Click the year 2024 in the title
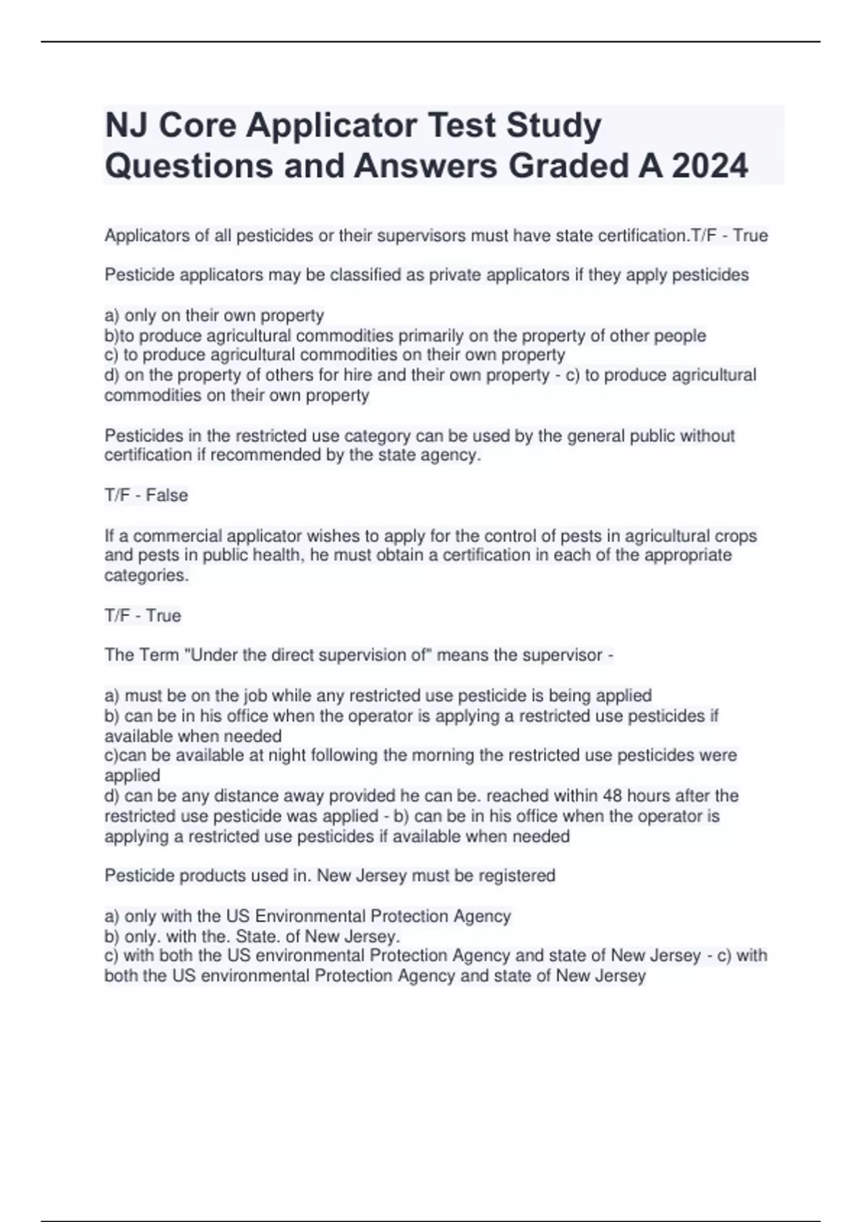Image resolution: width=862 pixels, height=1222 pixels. [x=710, y=166]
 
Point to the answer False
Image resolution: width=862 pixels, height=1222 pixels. [x=167, y=495]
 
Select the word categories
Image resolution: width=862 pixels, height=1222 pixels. [x=147, y=575]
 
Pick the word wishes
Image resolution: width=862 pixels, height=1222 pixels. [x=333, y=536]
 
